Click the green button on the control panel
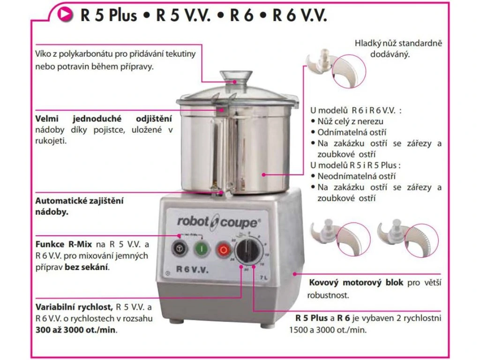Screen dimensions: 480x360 coord(202,248)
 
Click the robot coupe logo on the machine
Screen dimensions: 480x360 coord(217,221)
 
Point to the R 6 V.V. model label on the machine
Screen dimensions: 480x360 coord(192,269)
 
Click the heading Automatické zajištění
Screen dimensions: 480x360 coord(79,200)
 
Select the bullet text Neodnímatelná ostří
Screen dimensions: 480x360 coord(356,176)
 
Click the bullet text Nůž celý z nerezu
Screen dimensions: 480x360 coord(350,121)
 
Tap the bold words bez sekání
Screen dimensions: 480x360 coord(93,267)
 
